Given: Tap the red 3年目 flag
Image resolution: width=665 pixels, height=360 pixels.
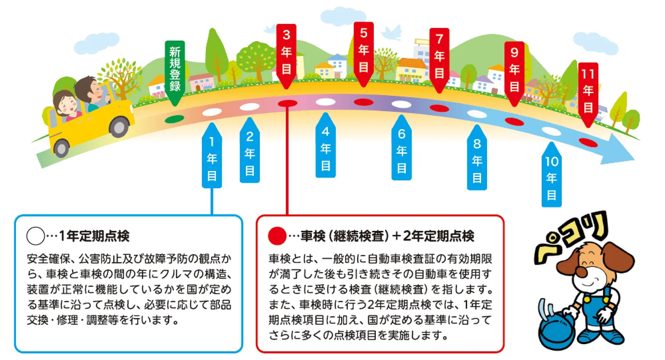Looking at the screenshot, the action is coord(286,55).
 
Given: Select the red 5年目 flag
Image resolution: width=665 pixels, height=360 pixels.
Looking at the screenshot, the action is coord(363,54).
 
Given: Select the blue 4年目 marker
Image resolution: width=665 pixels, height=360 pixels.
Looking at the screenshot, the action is coord(326,145).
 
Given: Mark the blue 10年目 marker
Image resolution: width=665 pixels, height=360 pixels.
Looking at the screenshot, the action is coord(551,174).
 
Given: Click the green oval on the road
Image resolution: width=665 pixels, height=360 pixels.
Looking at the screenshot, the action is coord(175,119).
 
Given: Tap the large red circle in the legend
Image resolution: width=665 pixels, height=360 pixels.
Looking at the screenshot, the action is coord(277,236).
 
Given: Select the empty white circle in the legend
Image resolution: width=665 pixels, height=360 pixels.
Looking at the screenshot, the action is coord(35,236).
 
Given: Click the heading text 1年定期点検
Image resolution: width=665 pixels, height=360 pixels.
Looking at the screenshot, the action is coord(94,236).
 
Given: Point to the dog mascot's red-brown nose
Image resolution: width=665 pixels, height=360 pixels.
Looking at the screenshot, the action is coord(582,272).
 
